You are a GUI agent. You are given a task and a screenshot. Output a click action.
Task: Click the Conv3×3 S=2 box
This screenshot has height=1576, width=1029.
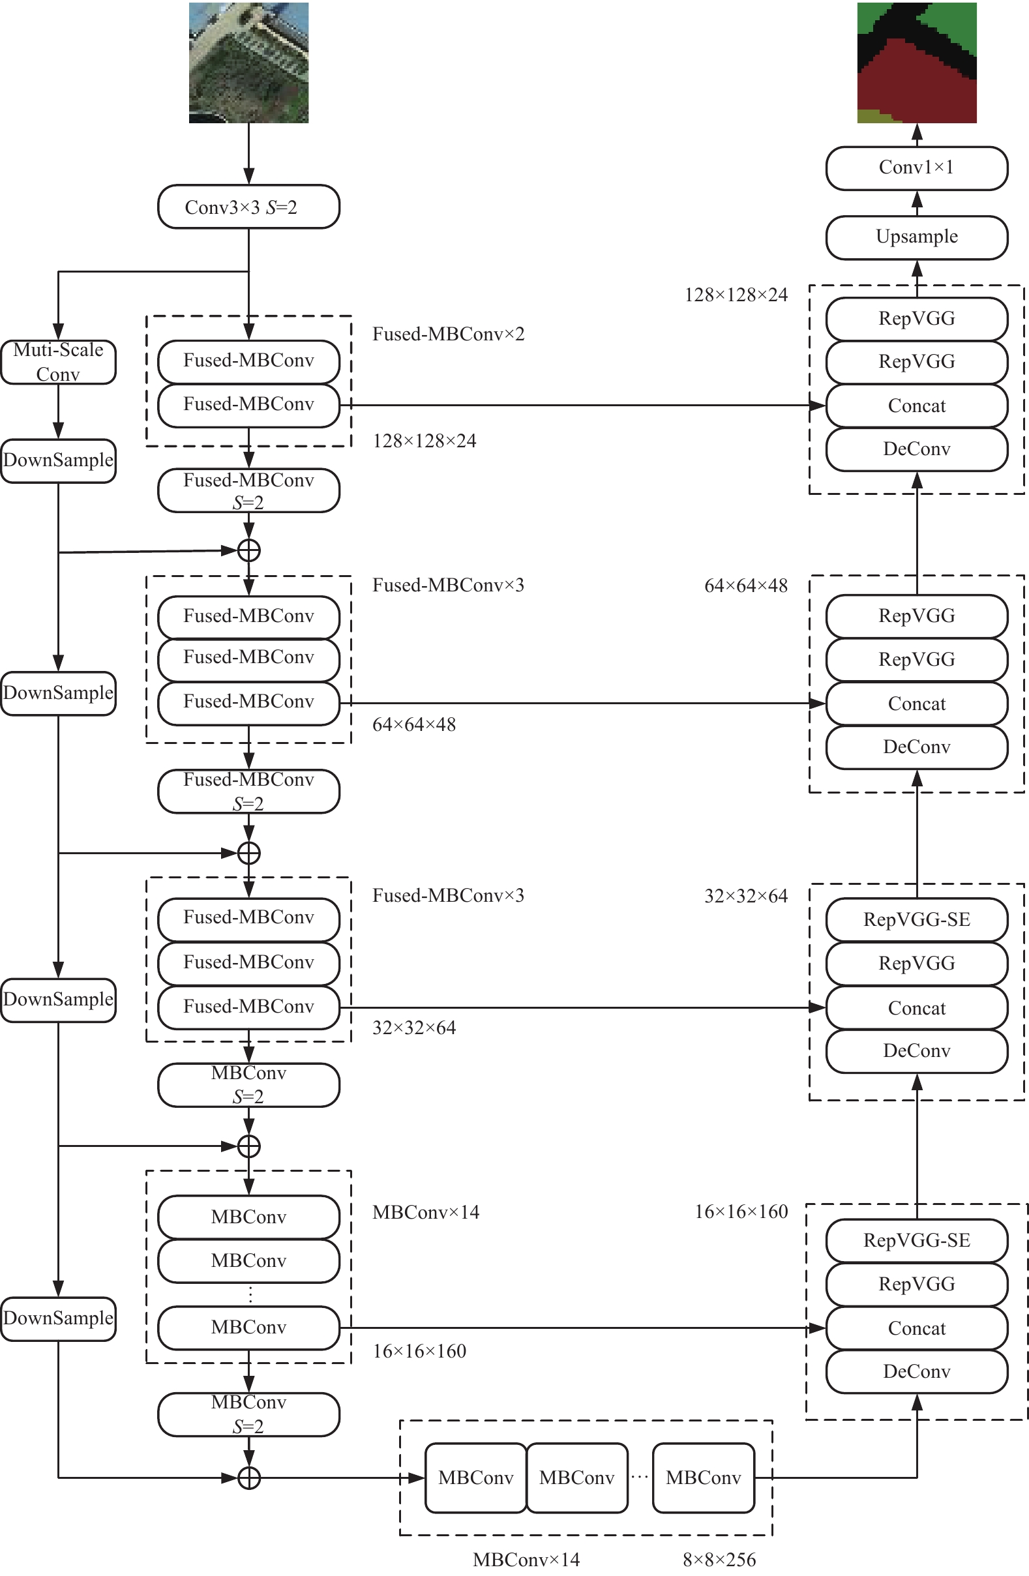coord(248,207)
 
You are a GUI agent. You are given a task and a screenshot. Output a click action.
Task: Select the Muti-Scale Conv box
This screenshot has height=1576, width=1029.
coord(58,361)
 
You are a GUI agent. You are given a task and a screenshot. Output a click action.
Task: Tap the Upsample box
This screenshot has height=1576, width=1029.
coord(916,237)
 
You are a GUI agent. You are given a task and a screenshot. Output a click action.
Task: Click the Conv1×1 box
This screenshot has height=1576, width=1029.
coord(916,168)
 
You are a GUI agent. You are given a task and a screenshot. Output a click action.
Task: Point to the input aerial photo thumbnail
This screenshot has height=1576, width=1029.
coord(248,63)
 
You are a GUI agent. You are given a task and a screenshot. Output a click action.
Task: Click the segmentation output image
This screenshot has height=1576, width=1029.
coord(916,63)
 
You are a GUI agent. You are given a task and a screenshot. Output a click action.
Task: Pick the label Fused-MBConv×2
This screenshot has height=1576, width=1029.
coord(448,334)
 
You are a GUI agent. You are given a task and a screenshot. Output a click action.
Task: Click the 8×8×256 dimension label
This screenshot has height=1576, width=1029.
coord(719,1560)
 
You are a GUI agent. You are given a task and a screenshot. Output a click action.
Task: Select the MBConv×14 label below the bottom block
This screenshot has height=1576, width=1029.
coord(526,1560)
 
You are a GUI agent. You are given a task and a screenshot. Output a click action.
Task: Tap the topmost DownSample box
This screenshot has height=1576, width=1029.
coord(58,460)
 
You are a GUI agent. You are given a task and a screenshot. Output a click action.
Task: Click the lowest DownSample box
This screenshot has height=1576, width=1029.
coord(58,1318)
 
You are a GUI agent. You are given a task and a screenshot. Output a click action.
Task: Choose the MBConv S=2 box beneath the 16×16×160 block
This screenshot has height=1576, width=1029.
coord(248,1414)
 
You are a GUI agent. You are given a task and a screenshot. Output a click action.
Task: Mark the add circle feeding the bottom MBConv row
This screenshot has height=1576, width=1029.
coord(248,1478)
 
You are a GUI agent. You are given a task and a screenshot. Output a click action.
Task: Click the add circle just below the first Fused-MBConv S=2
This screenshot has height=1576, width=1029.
coord(248,550)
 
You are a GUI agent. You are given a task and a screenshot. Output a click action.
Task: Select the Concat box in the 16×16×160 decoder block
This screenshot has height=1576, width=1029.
coord(916,1328)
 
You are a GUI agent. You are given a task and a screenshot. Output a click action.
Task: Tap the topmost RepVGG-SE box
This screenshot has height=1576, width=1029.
coord(916,920)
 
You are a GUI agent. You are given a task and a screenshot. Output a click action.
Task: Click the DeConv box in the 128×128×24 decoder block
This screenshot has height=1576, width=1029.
coord(916,449)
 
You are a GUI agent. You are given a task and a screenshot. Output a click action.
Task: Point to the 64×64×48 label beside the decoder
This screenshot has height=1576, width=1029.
coord(745,586)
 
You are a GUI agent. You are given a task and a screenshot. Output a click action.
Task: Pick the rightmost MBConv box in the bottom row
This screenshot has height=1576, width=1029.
coord(703,1478)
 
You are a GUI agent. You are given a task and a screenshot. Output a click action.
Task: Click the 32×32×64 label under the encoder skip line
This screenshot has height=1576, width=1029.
coord(414,1028)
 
